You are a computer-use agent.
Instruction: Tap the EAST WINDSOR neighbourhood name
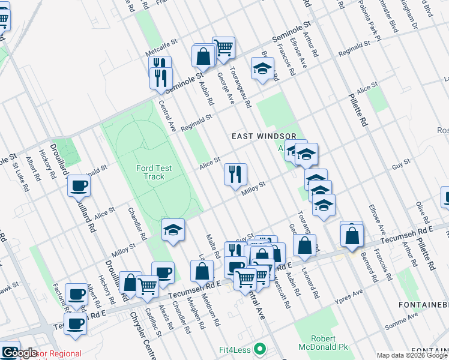(x=264, y=136)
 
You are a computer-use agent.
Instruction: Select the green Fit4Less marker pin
(x=259, y=348)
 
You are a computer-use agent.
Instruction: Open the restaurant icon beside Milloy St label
(x=235, y=174)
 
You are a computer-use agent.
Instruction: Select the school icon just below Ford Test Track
(x=173, y=229)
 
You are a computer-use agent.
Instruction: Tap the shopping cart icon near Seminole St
(x=223, y=47)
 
